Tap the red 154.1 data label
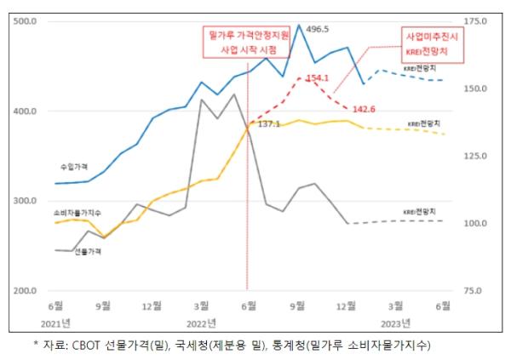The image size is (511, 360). coord(318,77)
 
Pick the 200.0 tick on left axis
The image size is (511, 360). coord(26,291)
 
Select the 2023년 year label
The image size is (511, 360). coord(395,323)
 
